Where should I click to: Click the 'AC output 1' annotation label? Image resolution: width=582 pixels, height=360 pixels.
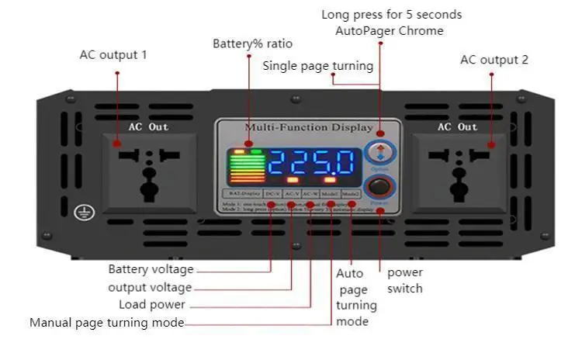(113, 55)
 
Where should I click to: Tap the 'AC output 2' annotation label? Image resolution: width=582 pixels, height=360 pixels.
(494, 60)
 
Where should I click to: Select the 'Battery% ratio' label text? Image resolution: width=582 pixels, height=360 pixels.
(248, 43)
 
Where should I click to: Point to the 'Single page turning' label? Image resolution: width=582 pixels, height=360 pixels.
(317, 65)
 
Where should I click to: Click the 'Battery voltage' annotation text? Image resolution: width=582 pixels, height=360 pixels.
(151, 269)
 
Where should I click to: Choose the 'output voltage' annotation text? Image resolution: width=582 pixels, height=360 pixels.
(150, 287)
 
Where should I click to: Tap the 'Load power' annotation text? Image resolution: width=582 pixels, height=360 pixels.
(152, 305)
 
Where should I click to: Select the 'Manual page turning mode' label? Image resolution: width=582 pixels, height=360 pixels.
(107, 323)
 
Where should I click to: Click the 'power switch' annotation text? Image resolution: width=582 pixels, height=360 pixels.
(405, 280)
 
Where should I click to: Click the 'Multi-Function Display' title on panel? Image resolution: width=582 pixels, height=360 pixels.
(308, 127)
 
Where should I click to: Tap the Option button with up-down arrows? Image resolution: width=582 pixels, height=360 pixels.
(379, 151)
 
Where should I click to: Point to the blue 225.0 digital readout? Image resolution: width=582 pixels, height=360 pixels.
(312, 163)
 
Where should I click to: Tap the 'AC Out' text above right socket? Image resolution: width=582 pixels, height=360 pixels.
(457, 126)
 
